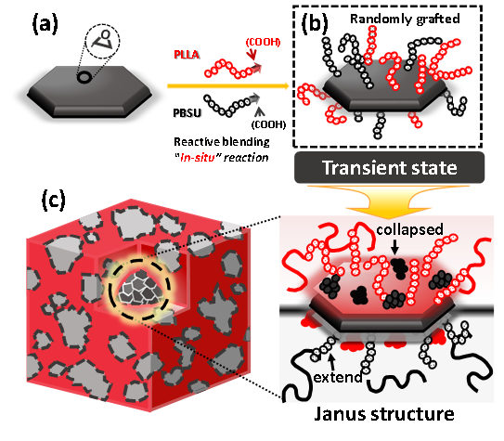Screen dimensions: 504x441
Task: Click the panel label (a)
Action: (45, 25)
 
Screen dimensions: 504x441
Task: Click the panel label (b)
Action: (315, 24)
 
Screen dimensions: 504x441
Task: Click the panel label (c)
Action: (53, 201)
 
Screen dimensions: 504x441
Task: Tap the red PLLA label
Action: (187, 55)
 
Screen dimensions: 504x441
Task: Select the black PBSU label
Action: (187, 113)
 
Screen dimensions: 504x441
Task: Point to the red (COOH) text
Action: (263, 42)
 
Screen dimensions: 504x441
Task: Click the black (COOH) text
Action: (268, 124)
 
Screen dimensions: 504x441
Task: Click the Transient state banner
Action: (389, 167)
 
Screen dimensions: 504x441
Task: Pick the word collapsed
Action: (409, 229)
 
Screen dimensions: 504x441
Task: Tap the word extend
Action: (338, 377)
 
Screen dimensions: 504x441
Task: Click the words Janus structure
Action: (384, 414)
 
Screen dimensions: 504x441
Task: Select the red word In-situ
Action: (197, 158)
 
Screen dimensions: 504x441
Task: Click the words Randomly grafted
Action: (405, 19)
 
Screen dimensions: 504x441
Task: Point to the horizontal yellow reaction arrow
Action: (228, 85)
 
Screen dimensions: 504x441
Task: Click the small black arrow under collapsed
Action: (395, 248)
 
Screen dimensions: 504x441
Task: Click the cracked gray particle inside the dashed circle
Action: (140, 288)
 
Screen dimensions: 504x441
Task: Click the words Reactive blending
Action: (222, 142)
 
